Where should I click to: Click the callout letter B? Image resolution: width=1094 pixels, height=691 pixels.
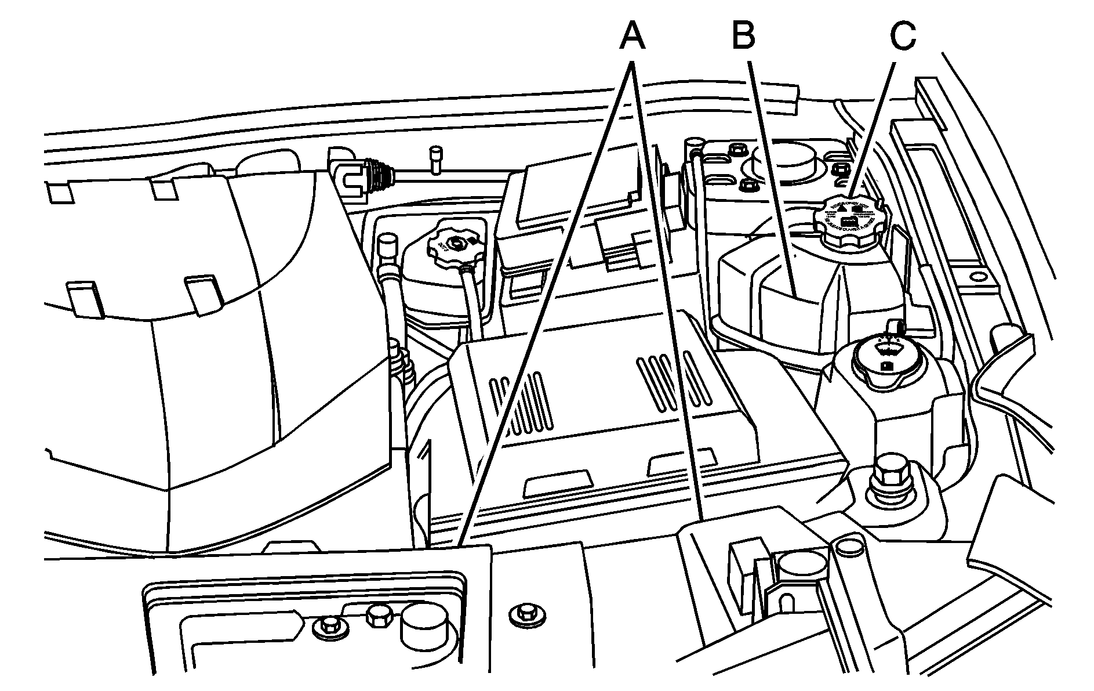[x=743, y=36]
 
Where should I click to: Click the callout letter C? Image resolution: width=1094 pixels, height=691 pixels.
[x=903, y=36]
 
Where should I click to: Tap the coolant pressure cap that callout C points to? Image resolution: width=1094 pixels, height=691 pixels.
[x=848, y=221]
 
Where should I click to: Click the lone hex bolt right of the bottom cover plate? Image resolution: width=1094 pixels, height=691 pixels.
[x=525, y=612]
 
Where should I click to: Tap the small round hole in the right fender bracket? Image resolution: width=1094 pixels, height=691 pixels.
[x=979, y=276]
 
